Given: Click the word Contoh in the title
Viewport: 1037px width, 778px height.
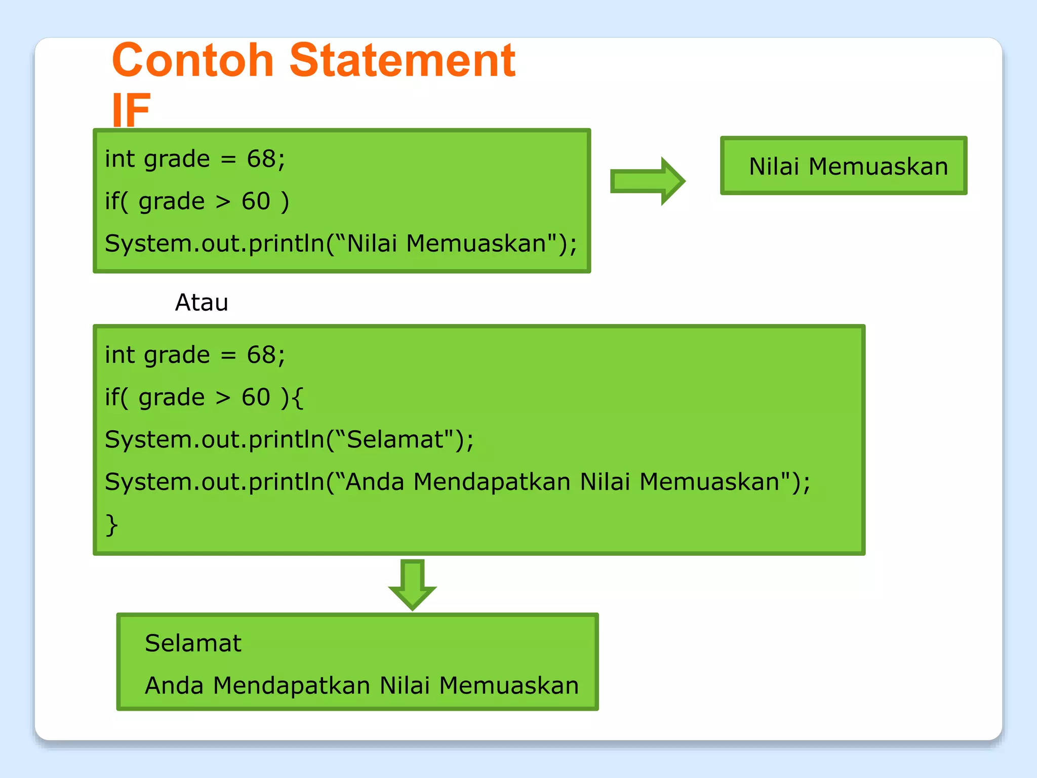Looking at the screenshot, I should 192,61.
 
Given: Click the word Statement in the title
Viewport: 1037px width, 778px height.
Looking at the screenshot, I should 403,61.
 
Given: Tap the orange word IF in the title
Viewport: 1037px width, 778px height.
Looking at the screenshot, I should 131,110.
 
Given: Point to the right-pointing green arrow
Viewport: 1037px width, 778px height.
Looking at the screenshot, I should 648,181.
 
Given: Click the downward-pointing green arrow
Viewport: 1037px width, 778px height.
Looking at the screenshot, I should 412,585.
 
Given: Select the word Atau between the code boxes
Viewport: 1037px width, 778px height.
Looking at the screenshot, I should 202,303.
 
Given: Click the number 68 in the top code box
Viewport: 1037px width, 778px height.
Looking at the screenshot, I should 261,159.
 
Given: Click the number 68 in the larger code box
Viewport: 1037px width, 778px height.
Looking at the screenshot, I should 261,355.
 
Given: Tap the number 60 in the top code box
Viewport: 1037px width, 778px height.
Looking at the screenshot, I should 256,201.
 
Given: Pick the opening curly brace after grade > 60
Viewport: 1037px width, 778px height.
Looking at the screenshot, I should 298,398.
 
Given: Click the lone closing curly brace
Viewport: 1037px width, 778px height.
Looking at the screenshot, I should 111,524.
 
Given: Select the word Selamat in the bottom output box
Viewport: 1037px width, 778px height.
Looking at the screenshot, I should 193,643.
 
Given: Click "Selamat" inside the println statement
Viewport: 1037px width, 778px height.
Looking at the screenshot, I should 395,439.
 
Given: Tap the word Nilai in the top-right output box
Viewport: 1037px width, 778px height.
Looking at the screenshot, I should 774,167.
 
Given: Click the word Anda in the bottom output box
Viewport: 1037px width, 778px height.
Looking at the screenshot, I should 174,686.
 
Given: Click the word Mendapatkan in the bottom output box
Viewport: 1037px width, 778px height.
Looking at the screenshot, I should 292,686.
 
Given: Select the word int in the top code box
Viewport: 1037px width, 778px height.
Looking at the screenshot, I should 119,159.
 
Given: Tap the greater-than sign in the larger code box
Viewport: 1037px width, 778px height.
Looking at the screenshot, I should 223,398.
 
